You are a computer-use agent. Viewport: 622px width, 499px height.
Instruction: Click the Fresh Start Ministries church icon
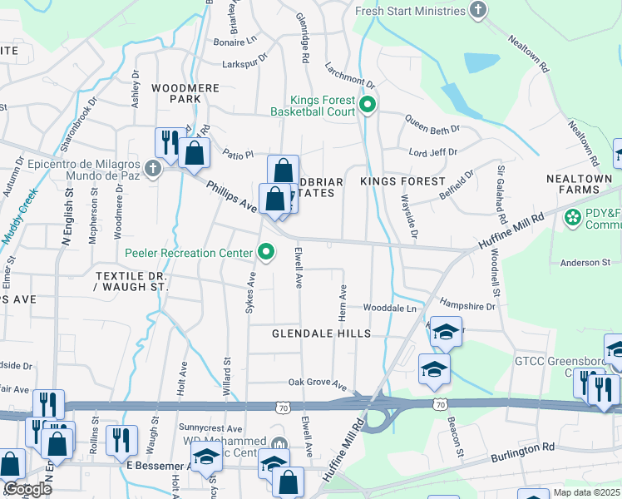(x=477, y=11)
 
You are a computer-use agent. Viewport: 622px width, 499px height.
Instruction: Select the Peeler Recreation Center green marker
(x=266, y=251)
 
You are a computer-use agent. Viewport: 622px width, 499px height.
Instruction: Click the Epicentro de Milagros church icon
(x=151, y=169)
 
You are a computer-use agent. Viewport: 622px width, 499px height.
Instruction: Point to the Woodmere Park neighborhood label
(x=175, y=92)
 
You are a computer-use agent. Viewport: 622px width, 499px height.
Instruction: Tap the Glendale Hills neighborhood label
(x=320, y=333)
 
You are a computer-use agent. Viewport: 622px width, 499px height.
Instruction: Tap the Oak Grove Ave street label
(x=317, y=383)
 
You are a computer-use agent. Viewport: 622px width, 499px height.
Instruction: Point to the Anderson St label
(x=585, y=263)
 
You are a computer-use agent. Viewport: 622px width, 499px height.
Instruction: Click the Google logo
(x=27, y=489)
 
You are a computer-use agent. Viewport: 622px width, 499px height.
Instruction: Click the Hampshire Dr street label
(x=466, y=306)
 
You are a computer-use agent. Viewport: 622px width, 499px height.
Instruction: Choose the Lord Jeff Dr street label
(x=433, y=152)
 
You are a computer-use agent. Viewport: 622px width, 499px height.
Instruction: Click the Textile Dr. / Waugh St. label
(x=131, y=281)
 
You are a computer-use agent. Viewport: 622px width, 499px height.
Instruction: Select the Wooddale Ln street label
(x=388, y=308)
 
